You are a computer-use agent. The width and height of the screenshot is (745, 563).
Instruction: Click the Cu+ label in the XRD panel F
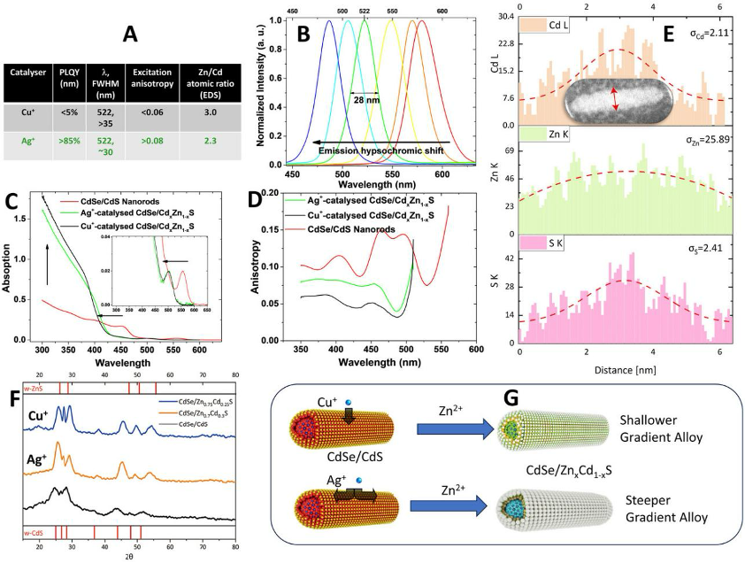pos(37,415)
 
